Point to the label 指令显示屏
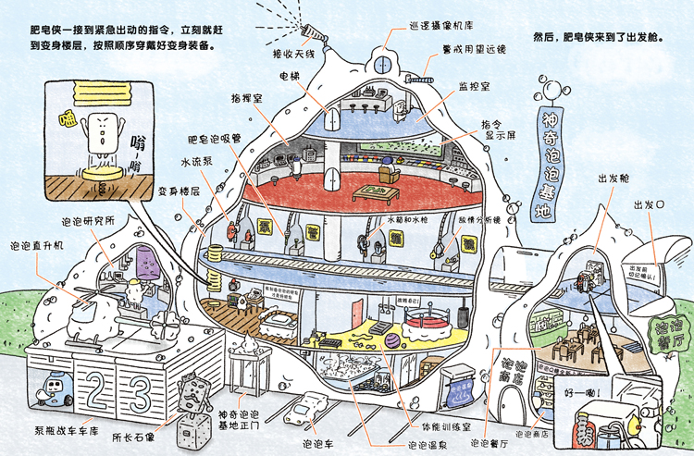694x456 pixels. pos(499,130)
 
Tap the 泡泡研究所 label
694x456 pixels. pos(87,222)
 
